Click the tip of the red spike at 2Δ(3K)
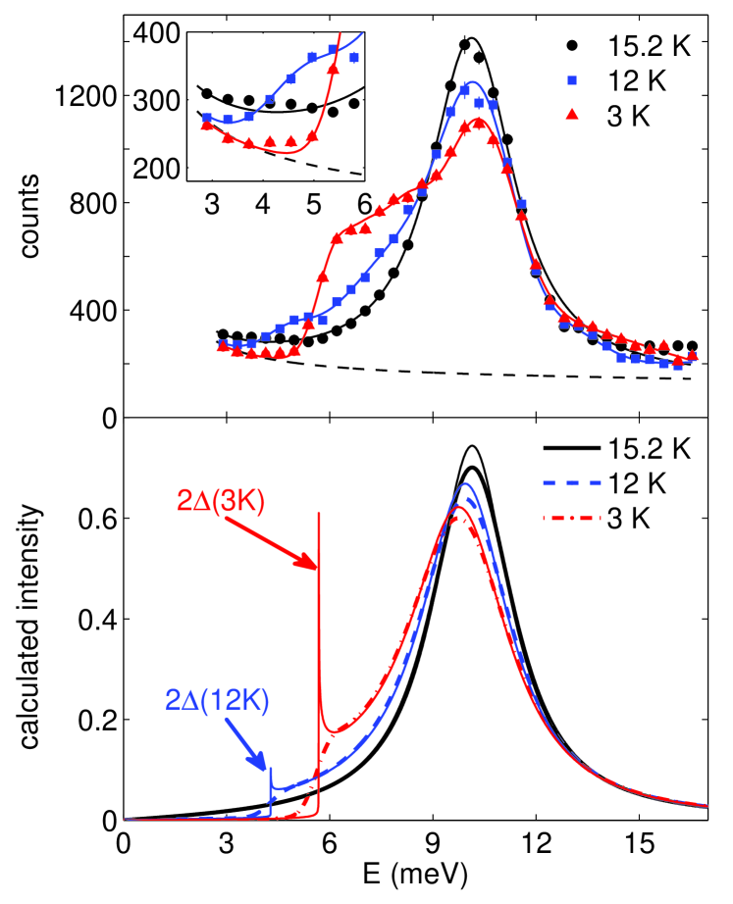(319, 513)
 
